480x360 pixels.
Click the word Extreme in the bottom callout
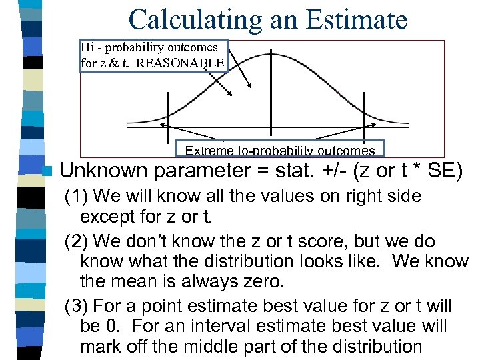pyautogui.click(x=205, y=151)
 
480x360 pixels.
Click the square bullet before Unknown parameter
pyautogui.click(x=45, y=172)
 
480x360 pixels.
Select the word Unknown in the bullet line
pyautogui.click(x=103, y=171)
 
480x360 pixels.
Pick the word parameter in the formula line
pyautogui.click(x=200, y=173)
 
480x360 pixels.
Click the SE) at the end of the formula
pyautogui.click(x=445, y=171)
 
